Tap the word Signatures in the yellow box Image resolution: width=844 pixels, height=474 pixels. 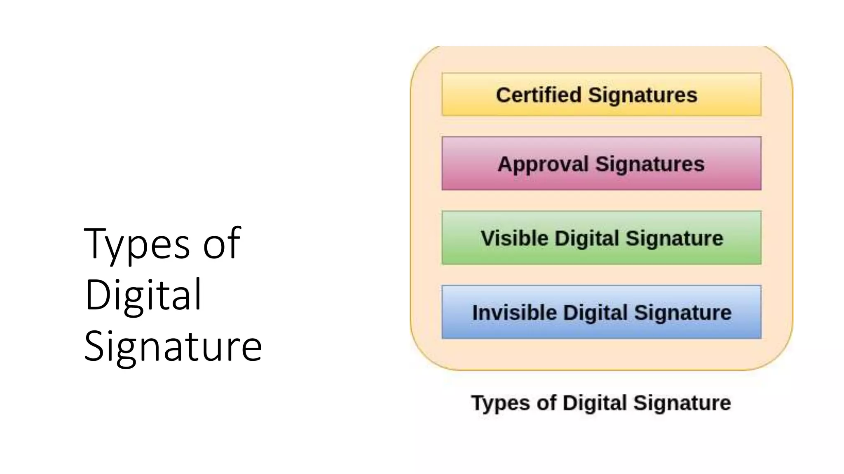pos(642,95)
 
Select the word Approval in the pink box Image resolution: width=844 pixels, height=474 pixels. pos(543,164)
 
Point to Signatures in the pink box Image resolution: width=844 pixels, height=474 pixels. pos(650,164)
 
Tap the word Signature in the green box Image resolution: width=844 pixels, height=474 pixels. pos(675,238)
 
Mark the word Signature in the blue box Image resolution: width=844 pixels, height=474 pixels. pos(683,312)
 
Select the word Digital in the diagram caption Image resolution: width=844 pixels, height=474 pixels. pos(595,403)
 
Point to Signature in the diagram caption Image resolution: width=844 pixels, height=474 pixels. pos(682,403)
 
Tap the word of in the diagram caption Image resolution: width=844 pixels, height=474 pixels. pos(546,403)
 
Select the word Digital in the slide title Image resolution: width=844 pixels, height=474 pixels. pos(143,295)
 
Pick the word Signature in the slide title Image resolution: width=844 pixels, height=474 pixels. pos(173,346)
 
